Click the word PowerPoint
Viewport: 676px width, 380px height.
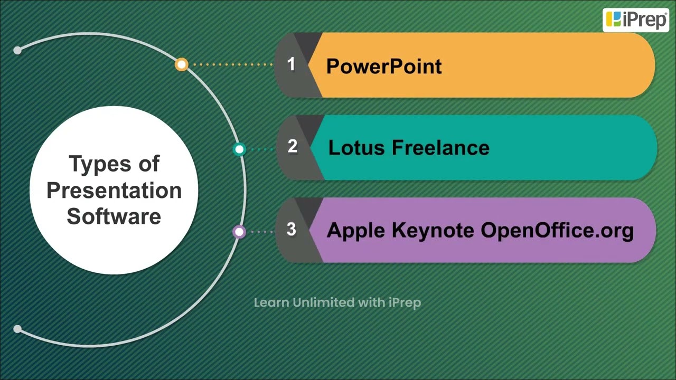[384, 66]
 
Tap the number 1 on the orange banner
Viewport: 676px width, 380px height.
[291, 64]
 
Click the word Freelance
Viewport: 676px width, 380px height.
[440, 148]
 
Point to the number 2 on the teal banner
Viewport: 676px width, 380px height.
[292, 147]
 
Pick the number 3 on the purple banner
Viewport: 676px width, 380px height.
[291, 230]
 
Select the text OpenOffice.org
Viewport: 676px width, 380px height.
[557, 231]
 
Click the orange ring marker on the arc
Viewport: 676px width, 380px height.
[181, 64]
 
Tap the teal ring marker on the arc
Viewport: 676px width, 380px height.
[239, 149]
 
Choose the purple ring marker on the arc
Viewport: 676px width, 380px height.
[239, 232]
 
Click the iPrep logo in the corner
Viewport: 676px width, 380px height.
[636, 20]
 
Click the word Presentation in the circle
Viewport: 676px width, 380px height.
[114, 190]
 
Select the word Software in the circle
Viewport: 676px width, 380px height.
[114, 216]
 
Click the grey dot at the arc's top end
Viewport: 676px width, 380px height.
[17, 50]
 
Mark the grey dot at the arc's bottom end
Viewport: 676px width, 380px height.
[17, 329]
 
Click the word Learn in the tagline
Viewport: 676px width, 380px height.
[271, 302]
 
